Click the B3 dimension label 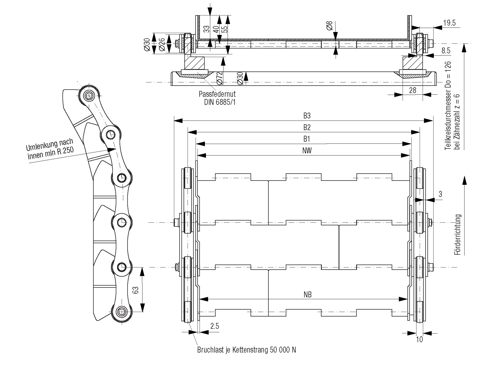coord(307,116)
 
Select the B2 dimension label coord(307,127)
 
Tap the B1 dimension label coord(307,139)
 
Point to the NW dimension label coord(307,151)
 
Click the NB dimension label coord(308,294)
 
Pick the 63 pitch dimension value coord(136,290)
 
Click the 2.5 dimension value coord(215,326)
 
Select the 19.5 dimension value coord(450,23)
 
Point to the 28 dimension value coord(412,91)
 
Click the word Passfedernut coord(217,94)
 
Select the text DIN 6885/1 coord(220,102)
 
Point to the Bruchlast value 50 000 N coord(282,350)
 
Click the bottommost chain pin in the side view coord(122,311)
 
